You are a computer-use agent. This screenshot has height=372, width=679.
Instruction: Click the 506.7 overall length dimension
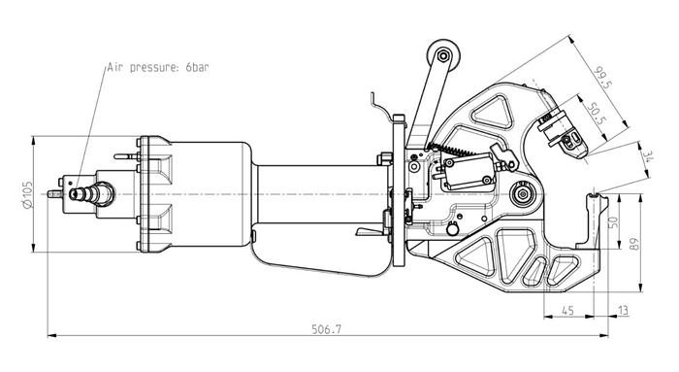point(327,329)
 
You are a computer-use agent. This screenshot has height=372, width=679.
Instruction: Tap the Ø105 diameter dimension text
point(28,194)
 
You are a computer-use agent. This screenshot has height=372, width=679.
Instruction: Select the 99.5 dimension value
point(602,78)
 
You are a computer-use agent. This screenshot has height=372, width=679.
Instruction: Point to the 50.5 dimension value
point(596,114)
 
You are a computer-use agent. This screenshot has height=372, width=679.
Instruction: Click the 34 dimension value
point(648,156)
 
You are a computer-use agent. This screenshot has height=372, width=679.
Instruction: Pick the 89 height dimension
point(634,244)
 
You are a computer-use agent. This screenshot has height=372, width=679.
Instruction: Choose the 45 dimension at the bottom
point(567,311)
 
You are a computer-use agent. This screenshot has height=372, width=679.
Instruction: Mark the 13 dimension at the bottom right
point(623,311)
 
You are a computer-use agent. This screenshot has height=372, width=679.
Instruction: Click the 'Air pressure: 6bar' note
point(158,68)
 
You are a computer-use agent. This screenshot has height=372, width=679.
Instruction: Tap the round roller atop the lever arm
point(443,56)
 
